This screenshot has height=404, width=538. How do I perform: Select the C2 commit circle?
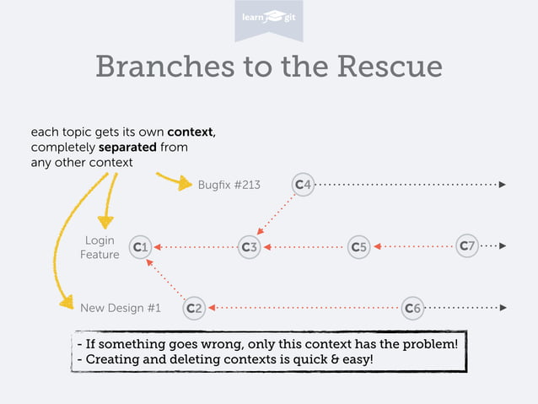click(x=194, y=308)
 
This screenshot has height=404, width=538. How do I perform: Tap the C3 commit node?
click(x=249, y=247)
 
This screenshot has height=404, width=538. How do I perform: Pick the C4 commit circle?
click(x=303, y=184)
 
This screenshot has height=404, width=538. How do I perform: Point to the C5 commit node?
click(x=359, y=247)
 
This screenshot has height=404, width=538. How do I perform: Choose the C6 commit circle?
click(x=412, y=308)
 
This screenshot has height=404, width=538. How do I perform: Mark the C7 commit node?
click(x=467, y=246)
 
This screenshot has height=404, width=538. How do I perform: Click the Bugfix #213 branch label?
click(x=229, y=185)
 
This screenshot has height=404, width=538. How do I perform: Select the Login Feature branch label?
click(x=100, y=248)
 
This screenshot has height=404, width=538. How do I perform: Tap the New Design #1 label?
click(x=120, y=308)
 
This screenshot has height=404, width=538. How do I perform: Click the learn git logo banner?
click(x=268, y=19)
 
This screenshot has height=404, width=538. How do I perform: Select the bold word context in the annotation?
click(x=190, y=132)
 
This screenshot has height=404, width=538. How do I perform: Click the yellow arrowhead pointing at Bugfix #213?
click(x=186, y=185)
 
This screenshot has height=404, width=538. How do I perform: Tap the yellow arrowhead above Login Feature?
click(x=105, y=222)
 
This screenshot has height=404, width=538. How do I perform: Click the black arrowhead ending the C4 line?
click(x=503, y=184)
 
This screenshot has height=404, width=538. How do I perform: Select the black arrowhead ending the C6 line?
click(x=503, y=308)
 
